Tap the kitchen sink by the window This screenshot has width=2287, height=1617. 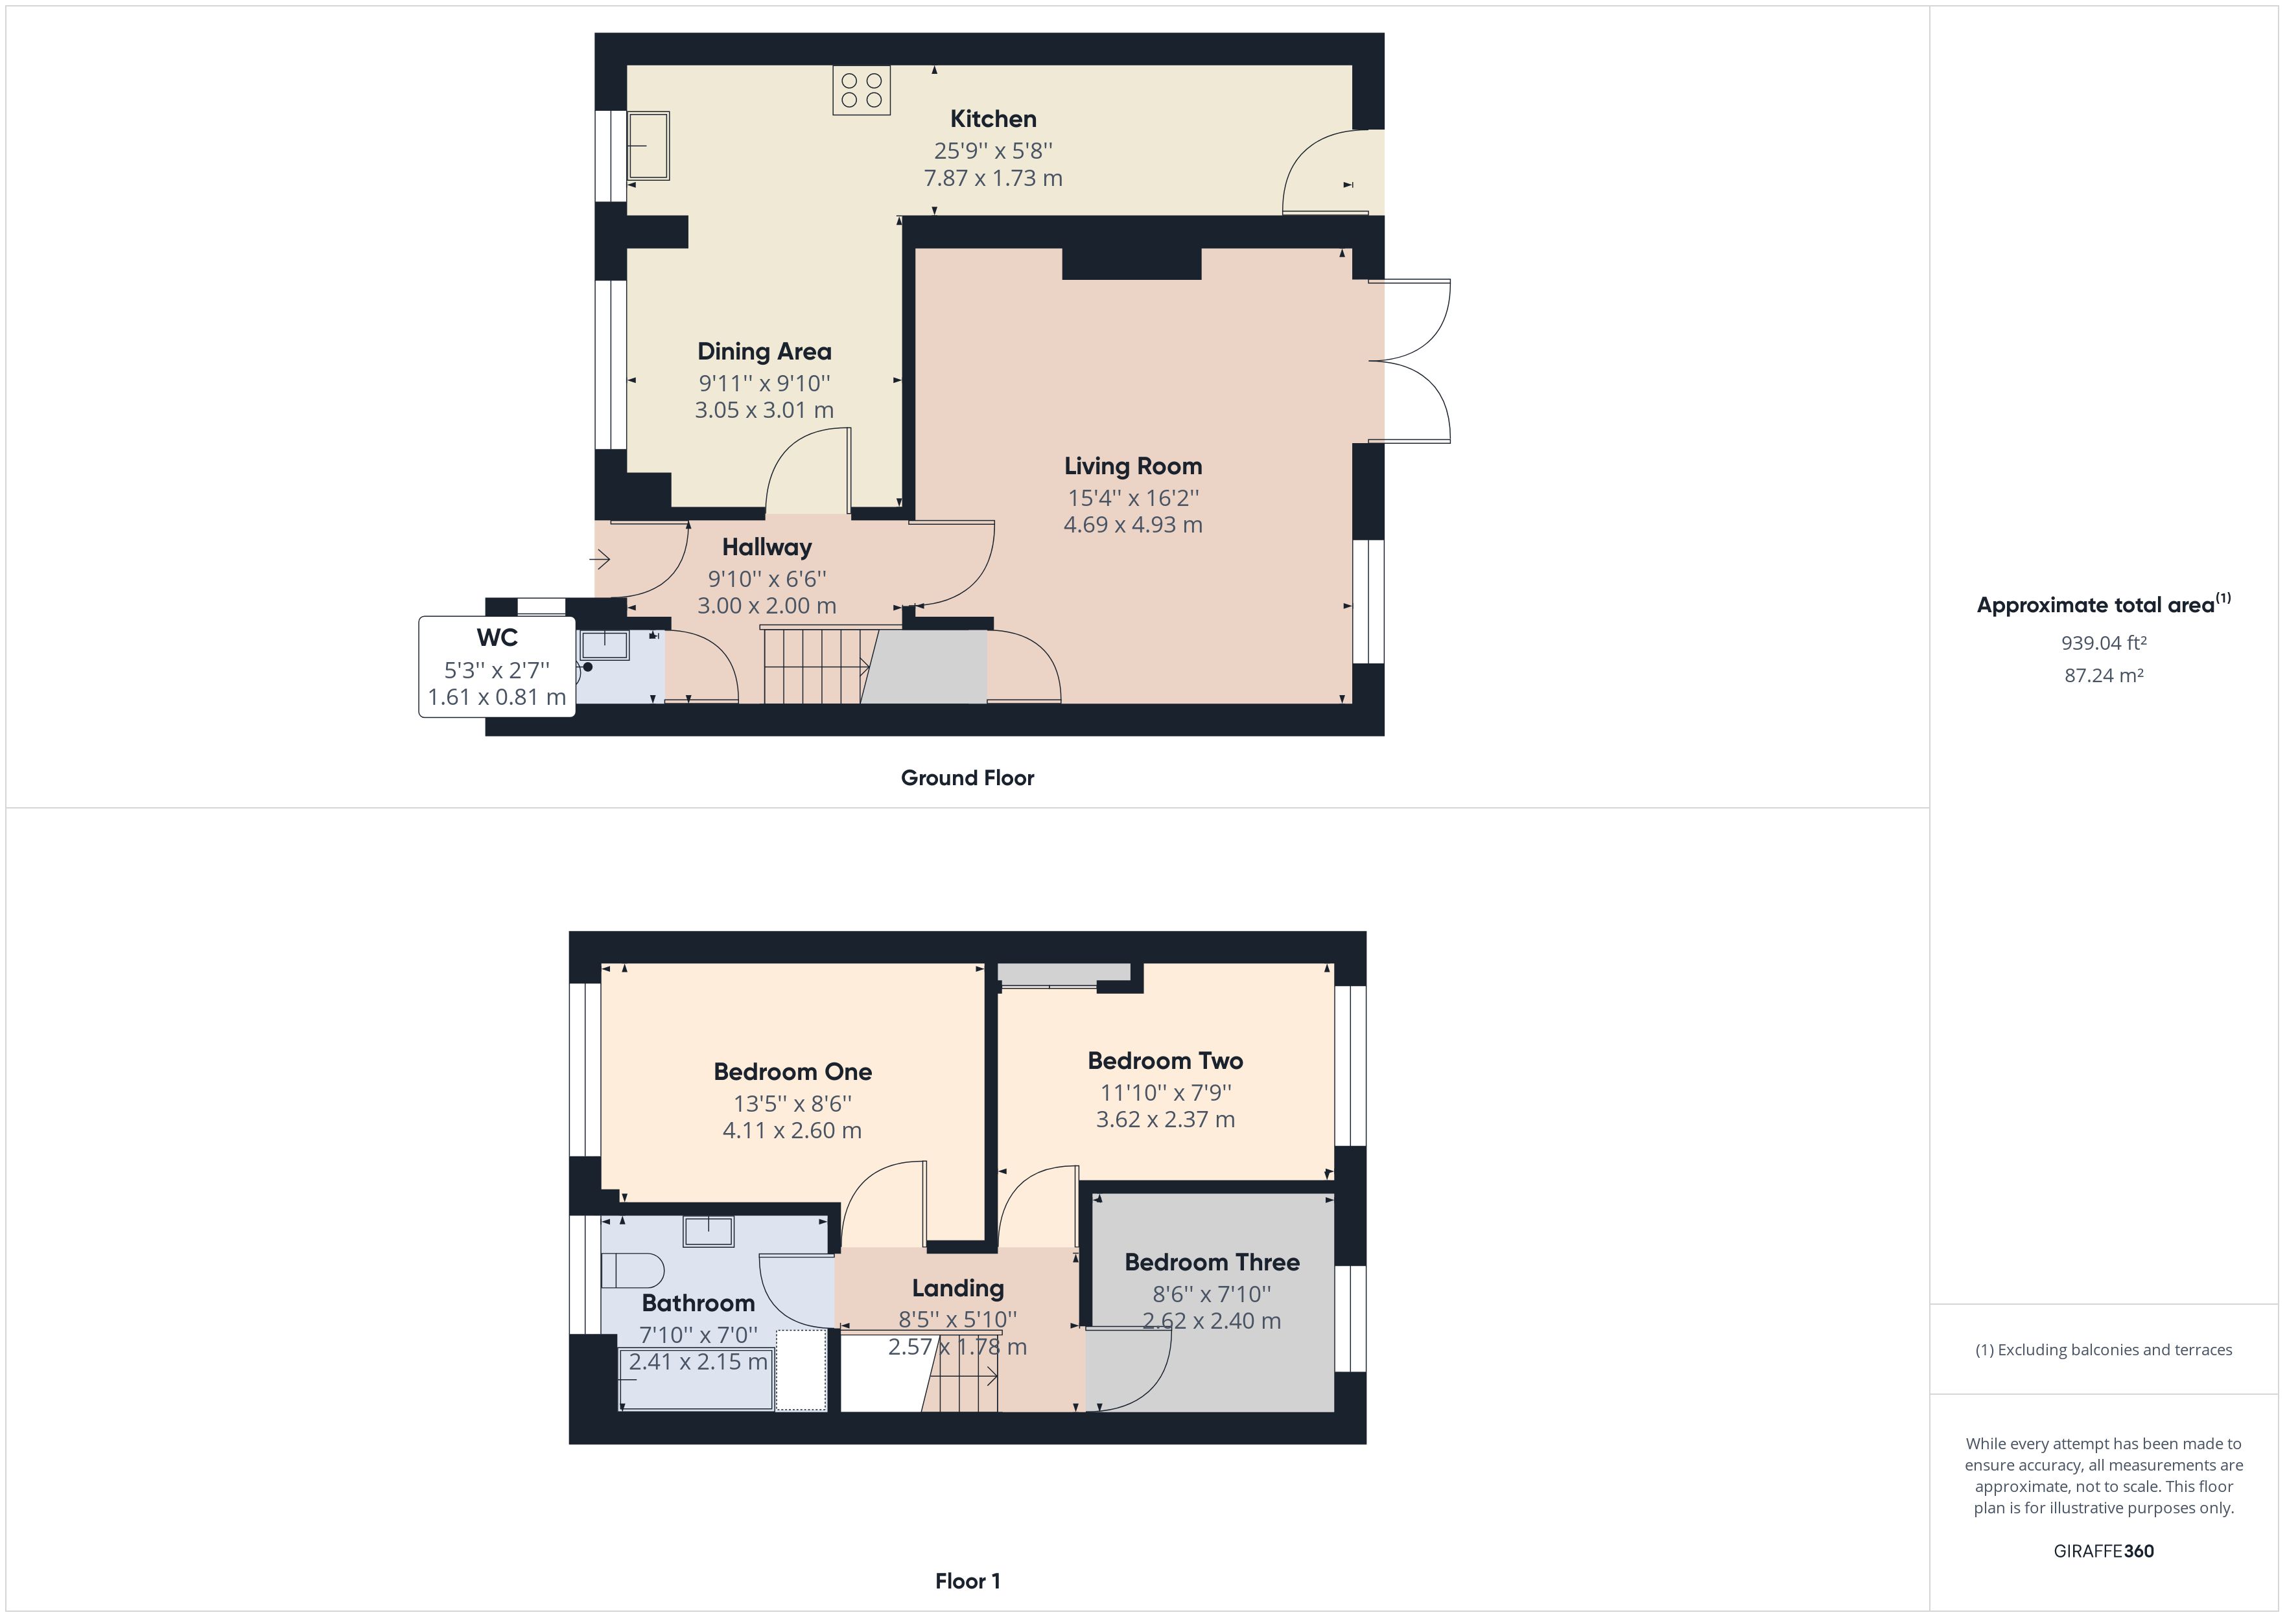point(648,145)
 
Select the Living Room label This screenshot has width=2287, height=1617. point(1132,466)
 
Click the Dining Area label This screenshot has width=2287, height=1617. point(764,352)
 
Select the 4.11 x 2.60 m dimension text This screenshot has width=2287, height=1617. point(792,1130)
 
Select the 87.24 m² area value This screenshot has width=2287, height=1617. point(2104,675)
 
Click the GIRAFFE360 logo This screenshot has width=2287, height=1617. point(2104,1550)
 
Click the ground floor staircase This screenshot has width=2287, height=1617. point(815,665)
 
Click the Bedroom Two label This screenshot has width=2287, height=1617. point(1164,1061)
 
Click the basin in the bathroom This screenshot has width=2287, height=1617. point(709,1231)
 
